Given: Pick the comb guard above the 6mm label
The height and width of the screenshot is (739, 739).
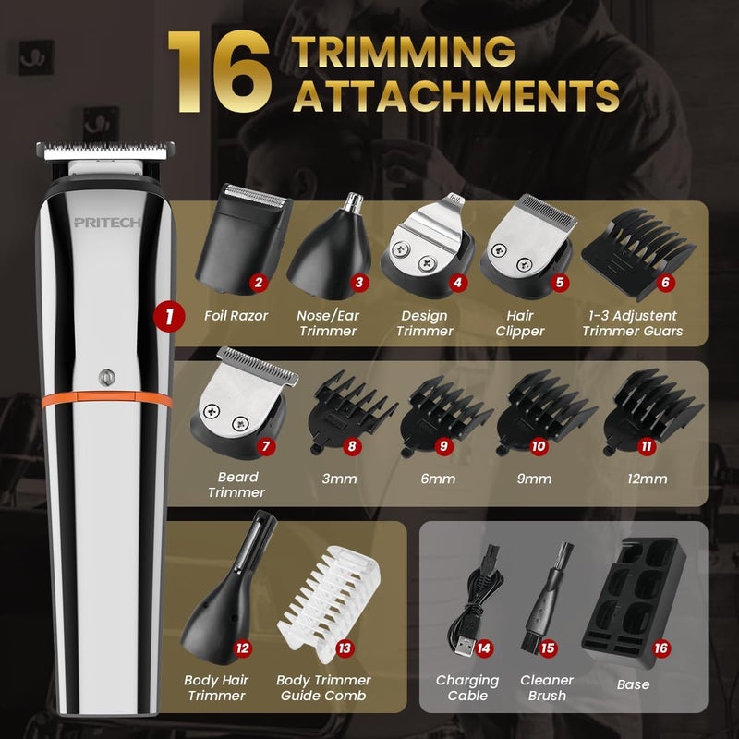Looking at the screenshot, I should [x=443, y=416].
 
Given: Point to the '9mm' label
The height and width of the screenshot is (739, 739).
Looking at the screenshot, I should [x=535, y=479].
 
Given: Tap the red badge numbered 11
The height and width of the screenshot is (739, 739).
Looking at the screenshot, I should [x=647, y=446].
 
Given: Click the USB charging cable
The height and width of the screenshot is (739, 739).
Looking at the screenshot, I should [x=485, y=600].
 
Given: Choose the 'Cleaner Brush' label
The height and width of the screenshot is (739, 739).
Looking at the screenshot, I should [x=548, y=687].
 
